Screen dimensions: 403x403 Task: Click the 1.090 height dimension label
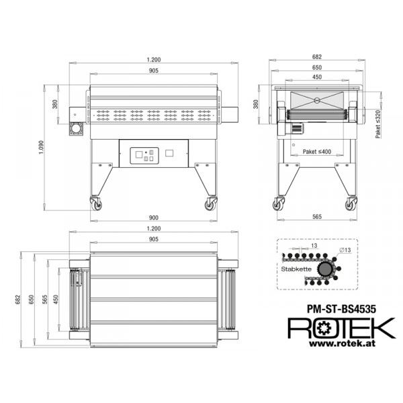coord(41,148)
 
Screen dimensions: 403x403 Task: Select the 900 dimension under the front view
coord(154,218)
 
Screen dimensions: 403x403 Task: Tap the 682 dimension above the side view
coord(317,57)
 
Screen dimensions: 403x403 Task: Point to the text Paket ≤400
coord(317,152)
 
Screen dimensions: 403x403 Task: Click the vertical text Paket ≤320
coord(377,124)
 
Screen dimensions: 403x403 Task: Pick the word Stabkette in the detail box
coord(296,269)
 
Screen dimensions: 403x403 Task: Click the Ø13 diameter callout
coord(345,250)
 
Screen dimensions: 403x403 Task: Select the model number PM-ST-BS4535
coord(341,309)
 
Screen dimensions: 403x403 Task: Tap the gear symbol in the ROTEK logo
coord(323,328)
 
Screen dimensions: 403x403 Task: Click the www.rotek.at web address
coord(342,343)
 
